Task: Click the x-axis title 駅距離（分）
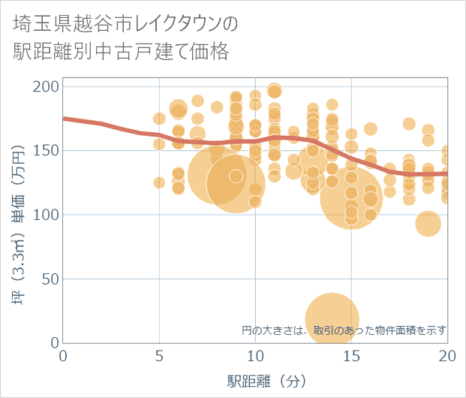coord(255,381)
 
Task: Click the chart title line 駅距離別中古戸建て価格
coord(121,52)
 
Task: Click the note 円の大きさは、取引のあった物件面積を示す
coord(344,330)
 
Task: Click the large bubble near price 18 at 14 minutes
coord(332,320)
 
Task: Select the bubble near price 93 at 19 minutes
coord(428,224)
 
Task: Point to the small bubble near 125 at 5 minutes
coord(159,182)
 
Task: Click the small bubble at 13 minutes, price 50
coord(313,279)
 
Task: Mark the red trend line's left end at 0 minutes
coord(64,119)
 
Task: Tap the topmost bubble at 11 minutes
coord(275,90)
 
